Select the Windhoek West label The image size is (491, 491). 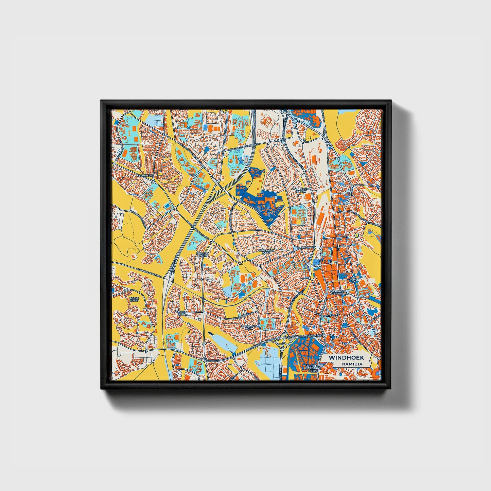coord(264,251)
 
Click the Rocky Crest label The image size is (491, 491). coord(134,299)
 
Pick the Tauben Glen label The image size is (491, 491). coord(182,313)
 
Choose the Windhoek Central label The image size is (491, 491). coord(337,293)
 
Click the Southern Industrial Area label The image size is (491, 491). coord(311,368)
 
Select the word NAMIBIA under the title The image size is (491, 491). coord(352,364)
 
